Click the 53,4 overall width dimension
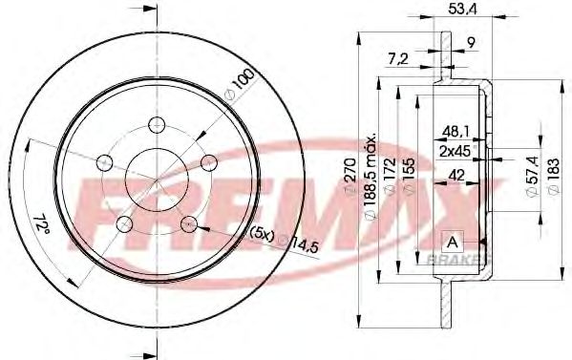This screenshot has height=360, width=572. [x=462, y=10]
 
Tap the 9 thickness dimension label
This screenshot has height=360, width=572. [x=472, y=43]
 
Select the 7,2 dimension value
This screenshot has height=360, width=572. [x=398, y=58]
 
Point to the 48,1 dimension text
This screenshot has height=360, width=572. [x=455, y=132]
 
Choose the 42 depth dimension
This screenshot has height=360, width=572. [x=456, y=176]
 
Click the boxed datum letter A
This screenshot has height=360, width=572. [x=453, y=242]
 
